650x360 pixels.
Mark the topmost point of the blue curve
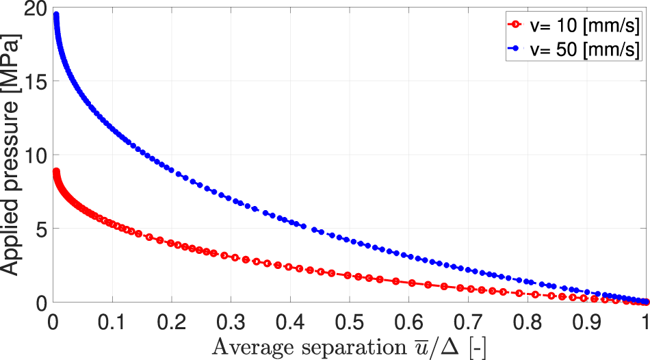[56, 15]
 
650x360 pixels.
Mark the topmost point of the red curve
[56, 172]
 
